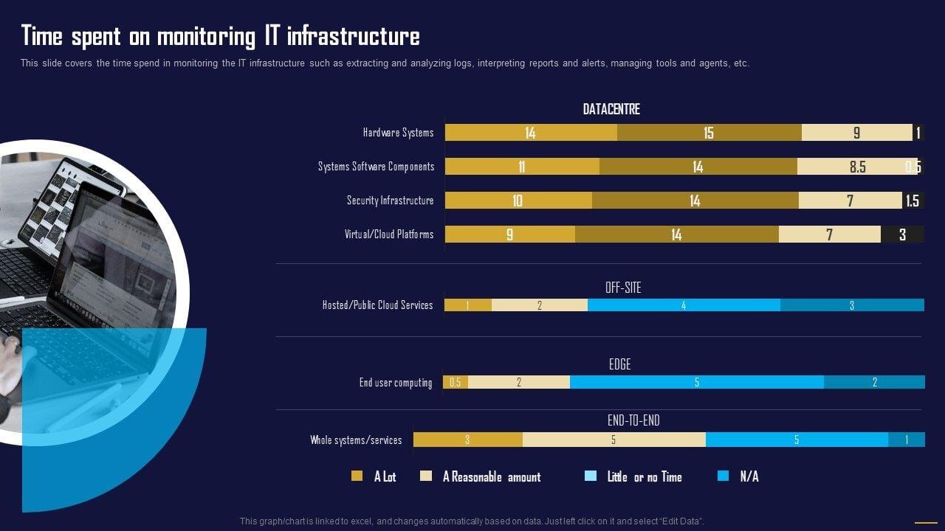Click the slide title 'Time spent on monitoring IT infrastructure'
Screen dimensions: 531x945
click(x=220, y=36)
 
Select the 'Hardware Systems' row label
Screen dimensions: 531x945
click(x=398, y=133)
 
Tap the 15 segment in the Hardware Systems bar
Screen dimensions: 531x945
click(x=709, y=133)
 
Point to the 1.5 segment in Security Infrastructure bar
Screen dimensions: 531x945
click(x=913, y=201)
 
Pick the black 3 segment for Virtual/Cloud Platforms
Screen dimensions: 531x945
click(x=902, y=235)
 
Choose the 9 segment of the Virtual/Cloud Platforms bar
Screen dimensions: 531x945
click(x=509, y=235)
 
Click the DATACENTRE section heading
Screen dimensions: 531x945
click(x=611, y=109)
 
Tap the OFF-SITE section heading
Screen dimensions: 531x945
click(x=623, y=288)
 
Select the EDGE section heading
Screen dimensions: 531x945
click(x=619, y=364)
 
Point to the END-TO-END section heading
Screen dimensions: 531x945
click(x=633, y=420)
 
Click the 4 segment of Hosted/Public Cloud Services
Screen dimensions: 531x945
click(x=684, y=305)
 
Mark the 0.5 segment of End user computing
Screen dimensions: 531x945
click(x=455, y=382)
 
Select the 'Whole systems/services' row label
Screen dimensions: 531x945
click(x=356, y=440)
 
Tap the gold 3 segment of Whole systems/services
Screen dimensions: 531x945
click(x=467, y=440)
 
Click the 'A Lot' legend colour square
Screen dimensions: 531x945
click(x=357, y=476)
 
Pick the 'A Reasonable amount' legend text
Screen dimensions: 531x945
click(x=492, y=477)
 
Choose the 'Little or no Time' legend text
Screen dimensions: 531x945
click(x=645, y=477)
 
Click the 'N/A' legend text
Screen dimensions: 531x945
click(x=749, y=477)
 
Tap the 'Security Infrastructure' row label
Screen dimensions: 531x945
click(x=391, y=201)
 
